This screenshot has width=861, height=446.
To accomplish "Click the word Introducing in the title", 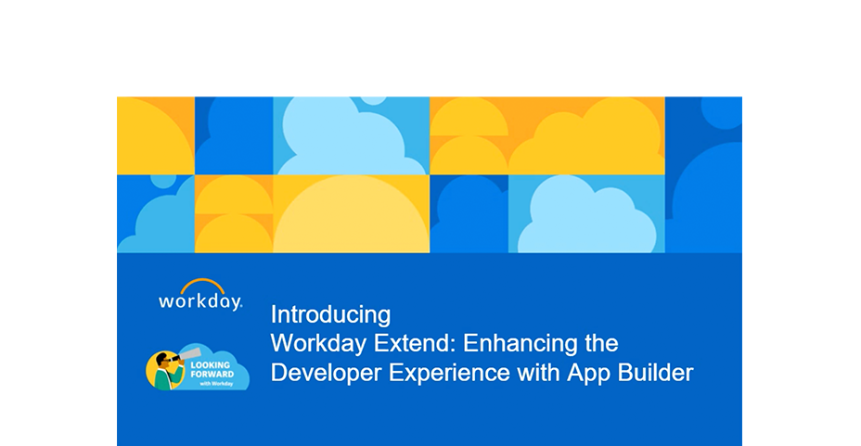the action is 330,315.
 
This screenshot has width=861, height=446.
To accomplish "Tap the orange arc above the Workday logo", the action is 202,286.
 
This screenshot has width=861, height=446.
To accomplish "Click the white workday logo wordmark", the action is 199,301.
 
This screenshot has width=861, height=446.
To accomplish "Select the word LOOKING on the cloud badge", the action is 211,364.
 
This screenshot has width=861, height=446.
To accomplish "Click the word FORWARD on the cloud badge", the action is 212,374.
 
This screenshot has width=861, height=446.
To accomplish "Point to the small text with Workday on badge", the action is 216,384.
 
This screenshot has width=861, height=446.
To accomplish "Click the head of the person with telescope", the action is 163,361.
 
